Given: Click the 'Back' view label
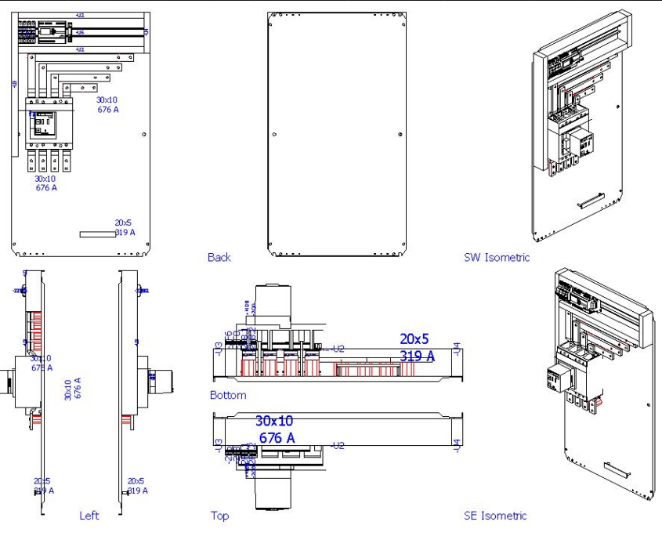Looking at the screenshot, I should tap(219, 257).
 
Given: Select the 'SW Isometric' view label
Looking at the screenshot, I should tap(497, 257).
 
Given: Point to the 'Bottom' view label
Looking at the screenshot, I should tap(228, 395).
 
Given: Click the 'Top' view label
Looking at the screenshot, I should tap(219, 516).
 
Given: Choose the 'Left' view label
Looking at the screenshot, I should tap(89, 516).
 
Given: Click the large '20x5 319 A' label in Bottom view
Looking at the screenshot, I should tap(417, 348).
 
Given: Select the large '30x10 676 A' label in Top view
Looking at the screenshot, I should tap(275, 429).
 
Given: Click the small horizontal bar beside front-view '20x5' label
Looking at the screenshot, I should tap(96, 234).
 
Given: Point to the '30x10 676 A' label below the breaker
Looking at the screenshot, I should tap(45, 183).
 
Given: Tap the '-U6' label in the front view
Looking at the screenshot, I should tap(80, 33).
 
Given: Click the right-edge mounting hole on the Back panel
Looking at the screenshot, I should tap(400, 134).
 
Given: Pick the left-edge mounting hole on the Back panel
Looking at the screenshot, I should tap(273, 134).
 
